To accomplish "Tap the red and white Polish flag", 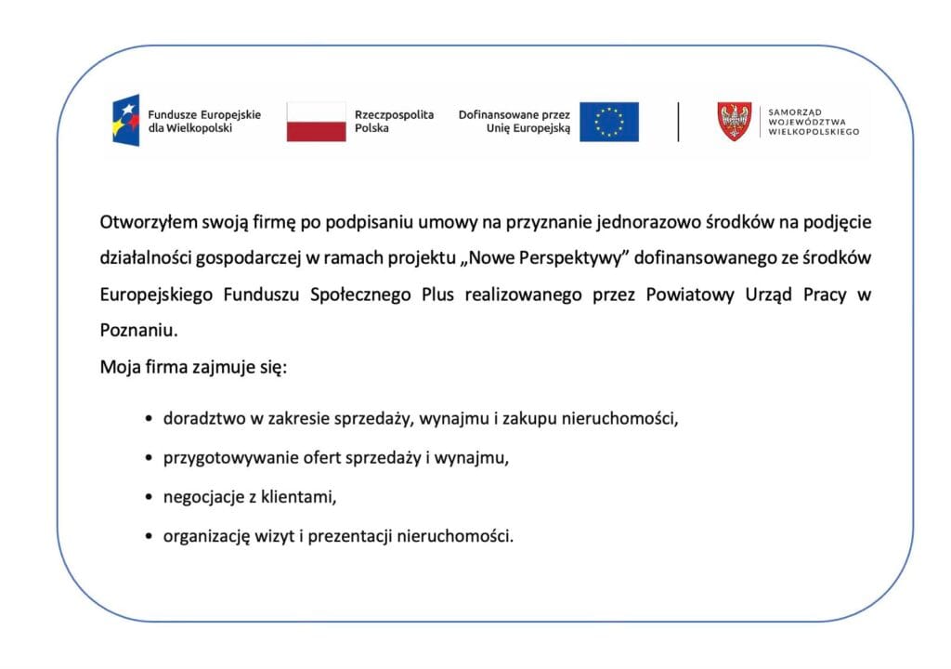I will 316,122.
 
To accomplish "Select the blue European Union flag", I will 609,122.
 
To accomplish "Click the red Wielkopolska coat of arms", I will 735,122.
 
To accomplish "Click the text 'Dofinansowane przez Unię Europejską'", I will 515,121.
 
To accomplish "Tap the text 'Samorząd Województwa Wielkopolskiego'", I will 814,122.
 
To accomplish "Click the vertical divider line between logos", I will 678,122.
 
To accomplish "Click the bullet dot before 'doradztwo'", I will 149,419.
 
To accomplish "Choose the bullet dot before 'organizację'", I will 149,537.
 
